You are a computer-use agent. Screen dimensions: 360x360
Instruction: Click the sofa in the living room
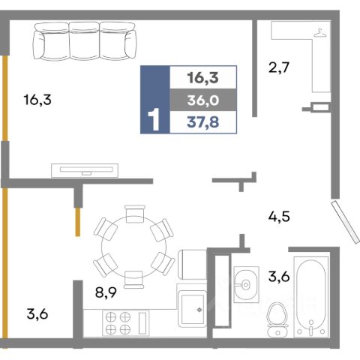coord(85,41)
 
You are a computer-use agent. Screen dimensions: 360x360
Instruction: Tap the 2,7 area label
coord(279,67)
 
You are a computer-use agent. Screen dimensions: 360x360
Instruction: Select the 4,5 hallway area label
coord(279,217)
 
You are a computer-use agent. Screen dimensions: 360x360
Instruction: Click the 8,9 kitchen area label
coord(106,292)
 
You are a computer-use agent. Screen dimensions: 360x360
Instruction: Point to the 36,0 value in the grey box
coord(203,100)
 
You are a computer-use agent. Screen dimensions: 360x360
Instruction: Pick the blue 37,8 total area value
coord(203,122)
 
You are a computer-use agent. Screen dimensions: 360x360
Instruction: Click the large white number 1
coord(154,119)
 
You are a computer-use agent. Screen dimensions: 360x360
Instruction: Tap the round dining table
coord(134,247)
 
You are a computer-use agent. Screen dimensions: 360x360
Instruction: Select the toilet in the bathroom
coord(277,319)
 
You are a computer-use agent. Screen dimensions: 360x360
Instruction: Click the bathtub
coord(310,296)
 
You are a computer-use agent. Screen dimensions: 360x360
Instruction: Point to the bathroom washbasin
coord(246,284)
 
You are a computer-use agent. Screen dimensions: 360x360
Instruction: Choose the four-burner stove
coord(126,323)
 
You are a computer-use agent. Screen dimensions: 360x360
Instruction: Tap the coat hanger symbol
coord(320,33)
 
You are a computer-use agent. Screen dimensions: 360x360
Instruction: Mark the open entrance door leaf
coord(346,221)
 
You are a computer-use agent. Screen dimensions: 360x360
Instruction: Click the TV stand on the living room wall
coord(85,170)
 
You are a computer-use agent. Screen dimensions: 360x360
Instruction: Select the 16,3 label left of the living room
coord(37,100)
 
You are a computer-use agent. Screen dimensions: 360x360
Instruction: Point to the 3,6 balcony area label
coord(37,314)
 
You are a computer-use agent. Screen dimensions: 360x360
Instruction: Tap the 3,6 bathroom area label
coord(279,277)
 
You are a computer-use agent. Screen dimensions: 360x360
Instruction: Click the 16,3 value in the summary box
coord(203,78)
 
